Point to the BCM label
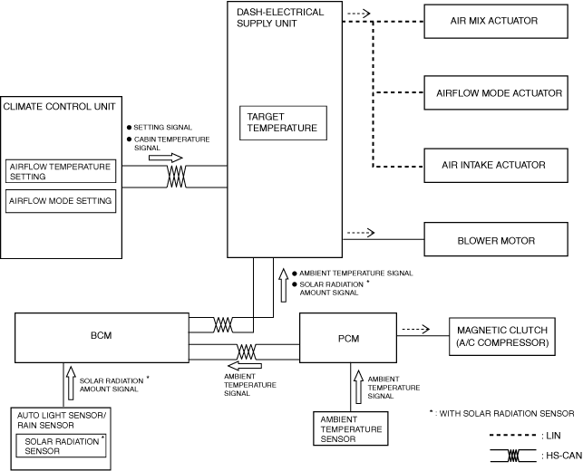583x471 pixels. click(102, 335)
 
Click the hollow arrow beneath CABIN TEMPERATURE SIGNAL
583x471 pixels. click(166, 158)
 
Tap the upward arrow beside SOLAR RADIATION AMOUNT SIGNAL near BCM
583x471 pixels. click(71, 382)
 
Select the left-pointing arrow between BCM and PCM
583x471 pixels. click(245, 366)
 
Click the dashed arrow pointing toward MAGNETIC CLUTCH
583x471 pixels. click(416, 329)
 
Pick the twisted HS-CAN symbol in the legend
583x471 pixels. click(513, 456)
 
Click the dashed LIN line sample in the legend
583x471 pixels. click(513, 435)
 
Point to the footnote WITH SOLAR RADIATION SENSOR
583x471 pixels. click(507, 413)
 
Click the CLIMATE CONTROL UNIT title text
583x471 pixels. click(60, 107)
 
